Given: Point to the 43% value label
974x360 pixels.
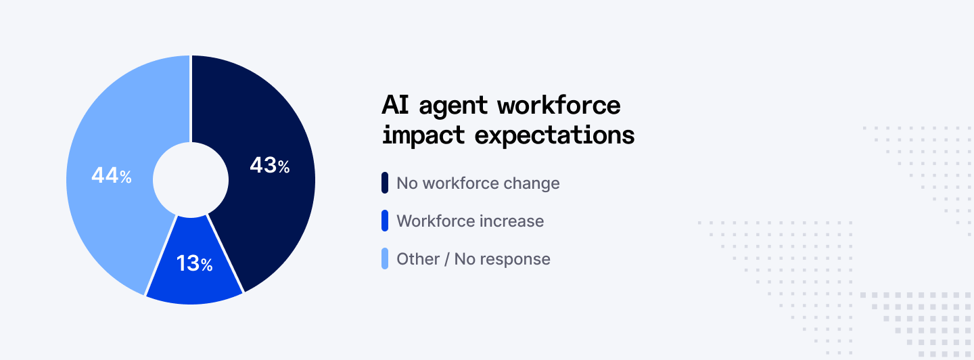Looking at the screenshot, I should [269, 166].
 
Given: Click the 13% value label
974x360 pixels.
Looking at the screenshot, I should [194, 264].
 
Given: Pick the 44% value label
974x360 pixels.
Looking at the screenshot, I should [112, 176].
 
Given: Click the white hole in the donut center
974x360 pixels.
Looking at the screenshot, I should [191, 180].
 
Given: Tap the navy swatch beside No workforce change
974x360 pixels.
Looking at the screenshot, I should [385, 183].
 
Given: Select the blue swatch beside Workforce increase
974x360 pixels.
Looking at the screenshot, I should [385, 221].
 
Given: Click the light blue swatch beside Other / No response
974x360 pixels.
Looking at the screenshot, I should [385, 258].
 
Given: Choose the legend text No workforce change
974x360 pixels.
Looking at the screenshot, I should [478, 183].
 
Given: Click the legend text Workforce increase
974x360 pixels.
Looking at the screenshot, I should [469, 221].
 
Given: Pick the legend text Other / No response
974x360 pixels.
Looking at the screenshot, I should [473, 258].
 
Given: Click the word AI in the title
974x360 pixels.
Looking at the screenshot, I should [396, 106].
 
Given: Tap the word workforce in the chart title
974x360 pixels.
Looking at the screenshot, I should [559, 106].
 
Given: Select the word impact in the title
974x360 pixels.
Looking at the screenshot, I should [423, 135].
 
